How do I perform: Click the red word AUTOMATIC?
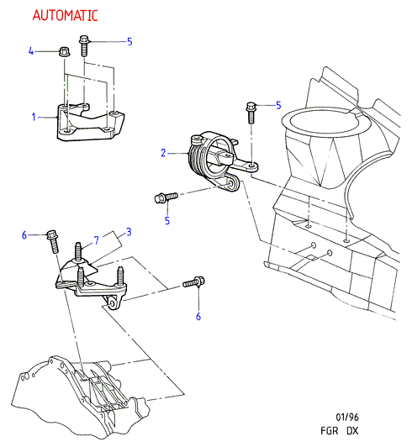(65, 15)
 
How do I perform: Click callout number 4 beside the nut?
(31, 51)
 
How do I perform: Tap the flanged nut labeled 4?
(65, 51)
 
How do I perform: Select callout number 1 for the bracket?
(34, 117)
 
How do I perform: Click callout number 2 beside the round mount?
(163, 153)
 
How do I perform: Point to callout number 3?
(129, 232)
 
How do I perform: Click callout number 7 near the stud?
(97, 240)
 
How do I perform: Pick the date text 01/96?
(347, 417)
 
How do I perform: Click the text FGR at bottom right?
(330, 430)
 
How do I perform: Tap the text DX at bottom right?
(352, 430)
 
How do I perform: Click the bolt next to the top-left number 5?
(84, 45)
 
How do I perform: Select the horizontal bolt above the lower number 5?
(166, 197)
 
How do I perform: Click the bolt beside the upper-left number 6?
(53, 241)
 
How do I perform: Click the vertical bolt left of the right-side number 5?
(251, 113)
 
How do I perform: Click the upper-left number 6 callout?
(24, 235)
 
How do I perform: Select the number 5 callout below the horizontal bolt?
(167, 220)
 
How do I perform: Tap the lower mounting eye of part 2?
(231, 183)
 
